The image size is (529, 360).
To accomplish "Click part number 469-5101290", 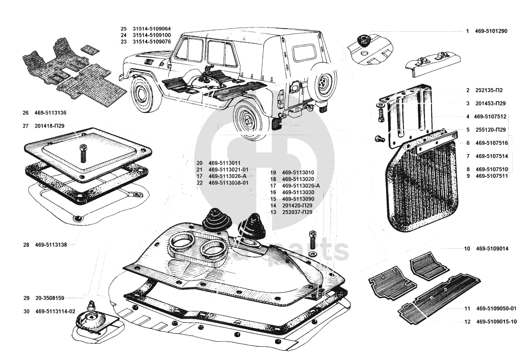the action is click(x=491, y=31).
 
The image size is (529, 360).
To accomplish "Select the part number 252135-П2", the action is click(x=489, y=90).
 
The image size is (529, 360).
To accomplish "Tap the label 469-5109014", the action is click(x=492, y=249).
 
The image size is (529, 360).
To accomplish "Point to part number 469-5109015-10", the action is click(x=496, y=322).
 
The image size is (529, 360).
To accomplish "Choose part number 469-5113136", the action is click(x=51, y=113).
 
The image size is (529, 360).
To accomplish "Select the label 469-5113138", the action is click(x=51, y=245).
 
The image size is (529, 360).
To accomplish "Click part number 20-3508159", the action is click(x=49, y=298).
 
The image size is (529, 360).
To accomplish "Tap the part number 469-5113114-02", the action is click(x=55, y=312).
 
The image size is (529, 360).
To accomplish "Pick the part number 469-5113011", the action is click(x=224, y=163).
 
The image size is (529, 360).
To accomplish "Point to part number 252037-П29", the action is click(x=297, y=212).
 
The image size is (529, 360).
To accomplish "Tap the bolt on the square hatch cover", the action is click(x=83, y=153).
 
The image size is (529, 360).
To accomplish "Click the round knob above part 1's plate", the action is click(x=364, y=40).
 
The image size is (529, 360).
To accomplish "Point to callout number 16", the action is click(x=273, y=192).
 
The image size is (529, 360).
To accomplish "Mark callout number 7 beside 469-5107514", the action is click(x=468, y=156).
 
